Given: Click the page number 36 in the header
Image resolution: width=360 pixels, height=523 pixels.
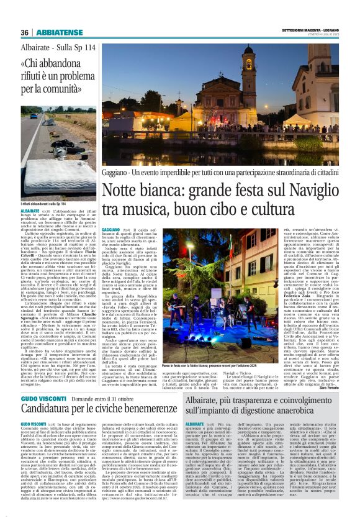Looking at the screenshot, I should [x=25, y=32].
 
